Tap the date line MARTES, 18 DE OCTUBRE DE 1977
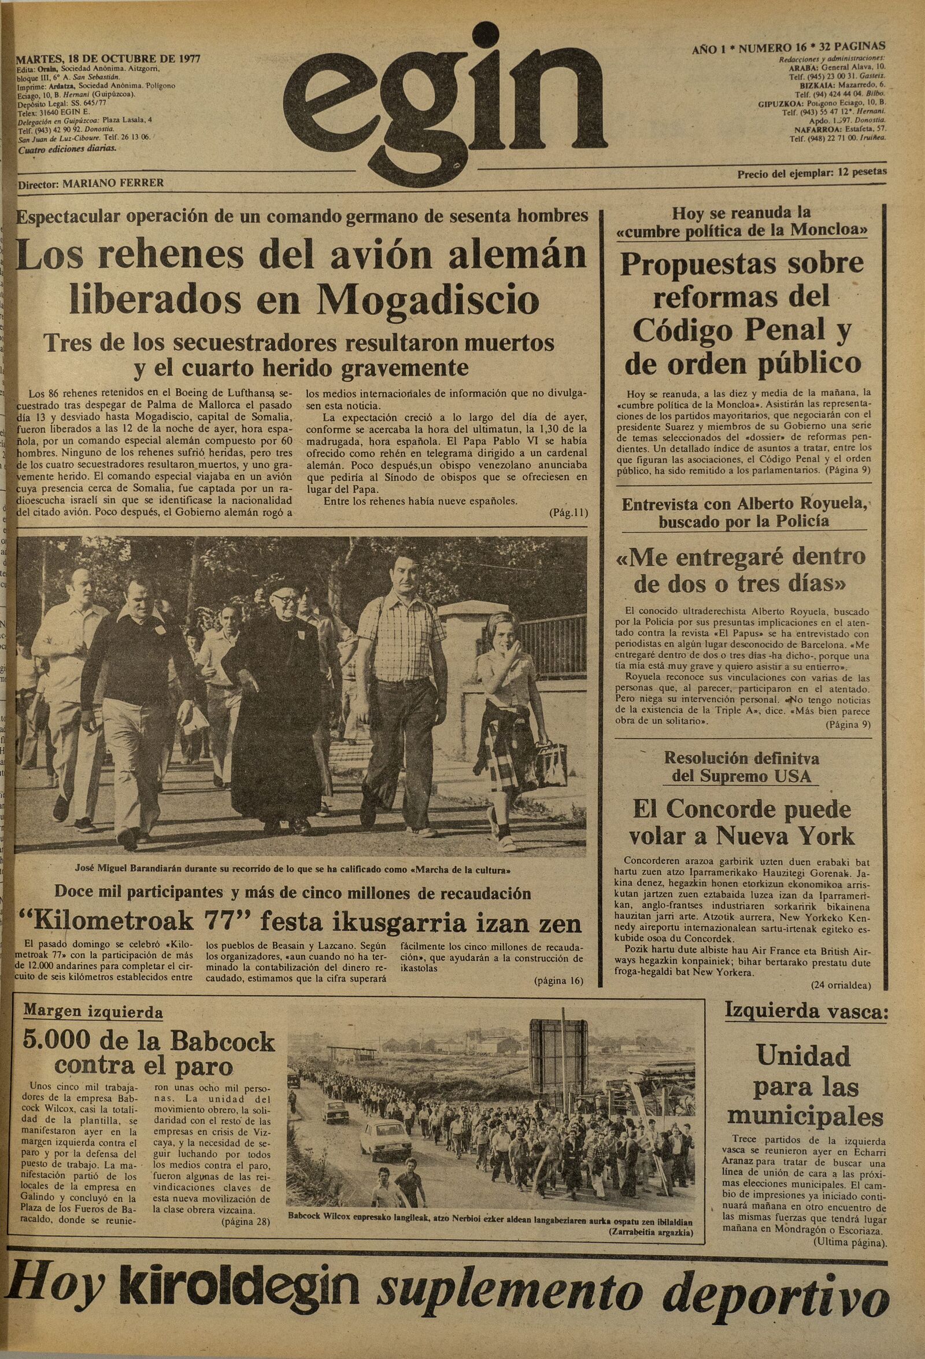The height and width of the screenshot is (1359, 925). click(x=109, y=59)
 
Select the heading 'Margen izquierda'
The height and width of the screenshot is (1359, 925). click(x=93, y=1012)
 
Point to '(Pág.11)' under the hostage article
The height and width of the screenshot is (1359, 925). click(x=568, y=513)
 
